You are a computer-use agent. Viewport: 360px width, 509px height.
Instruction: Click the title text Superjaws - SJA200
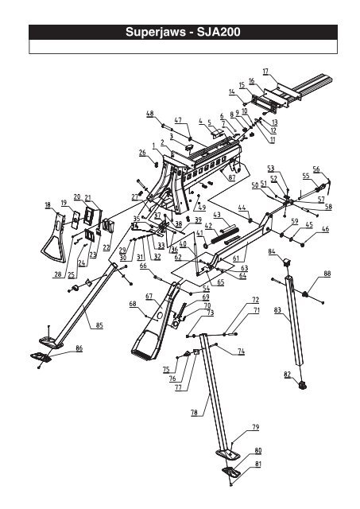pyautogui.click(x=179, y=34)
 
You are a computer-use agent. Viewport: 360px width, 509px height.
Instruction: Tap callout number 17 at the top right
pyautogui.click(x=265, y=72)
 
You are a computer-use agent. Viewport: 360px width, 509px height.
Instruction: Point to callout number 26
pyautogui.click(x=142, y=152)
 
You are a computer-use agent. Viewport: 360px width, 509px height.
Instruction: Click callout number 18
pyautogui.click(x=48, y=204)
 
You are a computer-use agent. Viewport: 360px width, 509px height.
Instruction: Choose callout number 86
pyautogui.click(x=78, y=348)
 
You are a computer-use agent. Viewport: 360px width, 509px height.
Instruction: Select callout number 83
pyautogui.click(x=277, y=313)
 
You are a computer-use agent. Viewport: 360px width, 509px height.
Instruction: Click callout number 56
pyautogui.click(x=315, y=169)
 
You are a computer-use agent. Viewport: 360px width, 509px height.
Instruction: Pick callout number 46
pyautogui.click(x=324, y=229)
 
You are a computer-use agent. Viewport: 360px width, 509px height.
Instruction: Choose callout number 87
pyautogui.click(x=231, y=179)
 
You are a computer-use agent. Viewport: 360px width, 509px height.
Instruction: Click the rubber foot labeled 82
pyautogui.click(x=302, y=387)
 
